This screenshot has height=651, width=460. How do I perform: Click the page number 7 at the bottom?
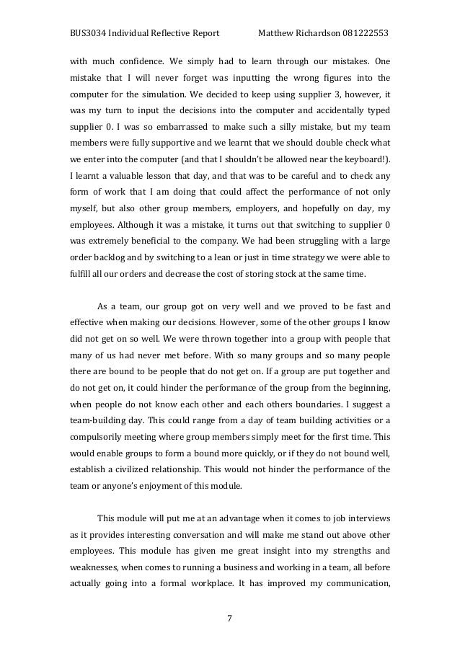click(x=229, y=616)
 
